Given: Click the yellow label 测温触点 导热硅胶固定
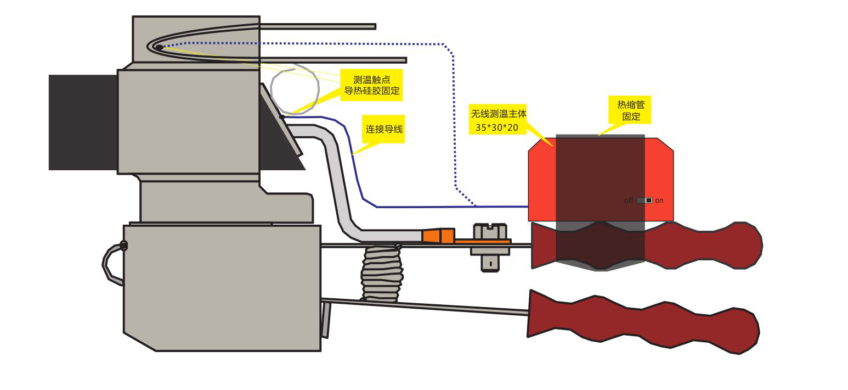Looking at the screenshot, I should (371, 85).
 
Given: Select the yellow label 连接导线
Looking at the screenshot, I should (384, 130).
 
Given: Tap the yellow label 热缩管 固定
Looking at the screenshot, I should (631, 110).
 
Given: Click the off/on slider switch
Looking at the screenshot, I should (645, 200).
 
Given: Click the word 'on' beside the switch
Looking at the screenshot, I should (659, 200).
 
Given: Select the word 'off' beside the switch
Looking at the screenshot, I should (629, 200).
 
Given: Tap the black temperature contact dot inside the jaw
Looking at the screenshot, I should (159, 47).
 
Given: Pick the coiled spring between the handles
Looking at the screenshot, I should (382, 274).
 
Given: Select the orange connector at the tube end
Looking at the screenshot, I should (438, 236).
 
